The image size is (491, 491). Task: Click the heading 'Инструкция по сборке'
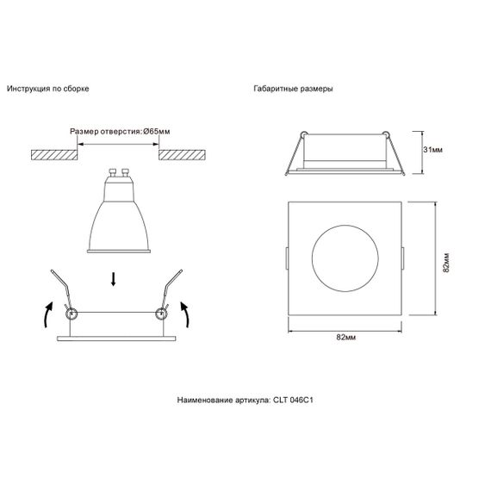(x=48, y=89)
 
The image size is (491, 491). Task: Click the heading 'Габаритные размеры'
(x=293, y=89)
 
